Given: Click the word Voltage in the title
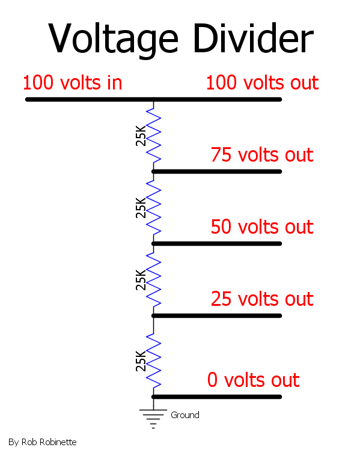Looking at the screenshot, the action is tap(114, 40).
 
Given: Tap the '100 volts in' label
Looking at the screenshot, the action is tap(73, 83).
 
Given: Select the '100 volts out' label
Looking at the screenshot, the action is tap(263, 83).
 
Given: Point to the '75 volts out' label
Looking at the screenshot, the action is tap(262, 154).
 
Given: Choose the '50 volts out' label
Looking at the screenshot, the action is tap(262, 227).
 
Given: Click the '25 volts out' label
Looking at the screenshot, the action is tap(262, 299).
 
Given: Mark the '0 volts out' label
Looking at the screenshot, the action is tap(254, 380).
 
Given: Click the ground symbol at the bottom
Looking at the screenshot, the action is tap(153, 419).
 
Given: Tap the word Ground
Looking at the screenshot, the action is tap(185, 415).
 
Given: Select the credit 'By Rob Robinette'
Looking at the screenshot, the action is tap(43, 442).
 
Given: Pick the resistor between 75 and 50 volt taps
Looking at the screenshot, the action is tap(154, 207).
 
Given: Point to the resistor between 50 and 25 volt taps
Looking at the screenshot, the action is tap(154, 279).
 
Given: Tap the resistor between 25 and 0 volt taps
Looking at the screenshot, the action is tap(154, 360).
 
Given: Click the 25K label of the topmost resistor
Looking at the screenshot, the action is tap(141, 136).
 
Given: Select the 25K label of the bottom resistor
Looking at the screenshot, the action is tap(141, 361).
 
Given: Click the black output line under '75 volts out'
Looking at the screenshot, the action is tap(217, 172).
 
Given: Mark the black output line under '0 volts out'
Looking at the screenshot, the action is tap(217, 397).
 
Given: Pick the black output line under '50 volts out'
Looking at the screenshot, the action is tap(217, 244).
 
